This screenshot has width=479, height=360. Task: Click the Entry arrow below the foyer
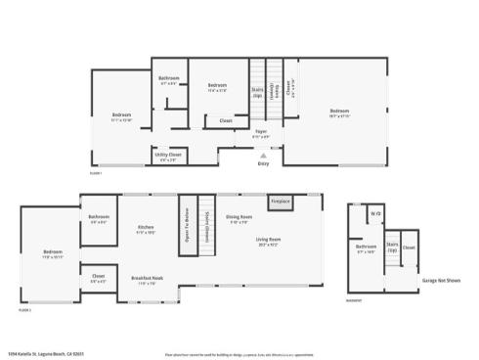(x=262, y=156)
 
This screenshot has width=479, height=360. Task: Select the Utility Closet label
(x=168, y=155)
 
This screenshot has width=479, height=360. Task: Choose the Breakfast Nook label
(x=148, y=278)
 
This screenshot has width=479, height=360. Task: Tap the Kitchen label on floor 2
(x=147, y=227)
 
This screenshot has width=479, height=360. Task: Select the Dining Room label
(x=239, y=217)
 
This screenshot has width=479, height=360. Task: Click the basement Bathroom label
(x=367, y=248)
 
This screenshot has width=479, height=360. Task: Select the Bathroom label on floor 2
(x=99, y=218)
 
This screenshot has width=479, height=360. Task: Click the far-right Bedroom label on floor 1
(x=338, y=111)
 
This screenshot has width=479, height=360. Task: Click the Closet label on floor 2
(x=99, y=277)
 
